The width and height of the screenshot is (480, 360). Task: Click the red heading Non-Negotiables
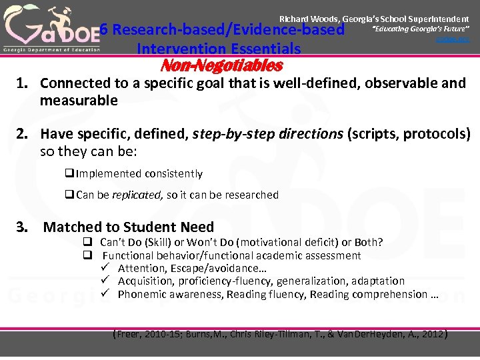(x=222, y=65)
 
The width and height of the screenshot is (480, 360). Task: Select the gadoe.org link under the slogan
(x=453, y=40)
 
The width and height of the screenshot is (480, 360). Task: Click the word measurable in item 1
(x=79, y=101)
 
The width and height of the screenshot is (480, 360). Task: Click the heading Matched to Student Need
(x=129, y=227)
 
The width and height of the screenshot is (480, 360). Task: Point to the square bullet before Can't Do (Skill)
(x=87, y=242)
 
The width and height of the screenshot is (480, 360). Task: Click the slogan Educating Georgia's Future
(x=421, y=31)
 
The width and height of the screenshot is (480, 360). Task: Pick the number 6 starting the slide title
(x=104, y=30)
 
